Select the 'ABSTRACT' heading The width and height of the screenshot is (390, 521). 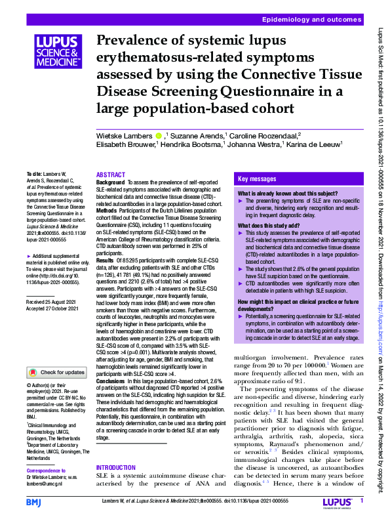(x=110, y=175)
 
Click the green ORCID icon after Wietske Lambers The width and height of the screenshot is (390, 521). (x=159, y=135)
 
